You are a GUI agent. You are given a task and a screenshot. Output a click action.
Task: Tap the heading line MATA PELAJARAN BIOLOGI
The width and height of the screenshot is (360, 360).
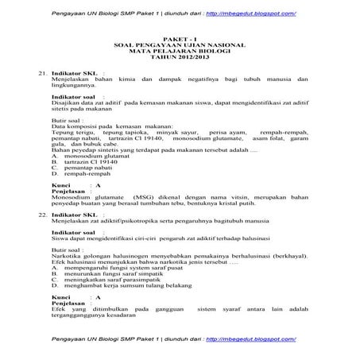point(180,56)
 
